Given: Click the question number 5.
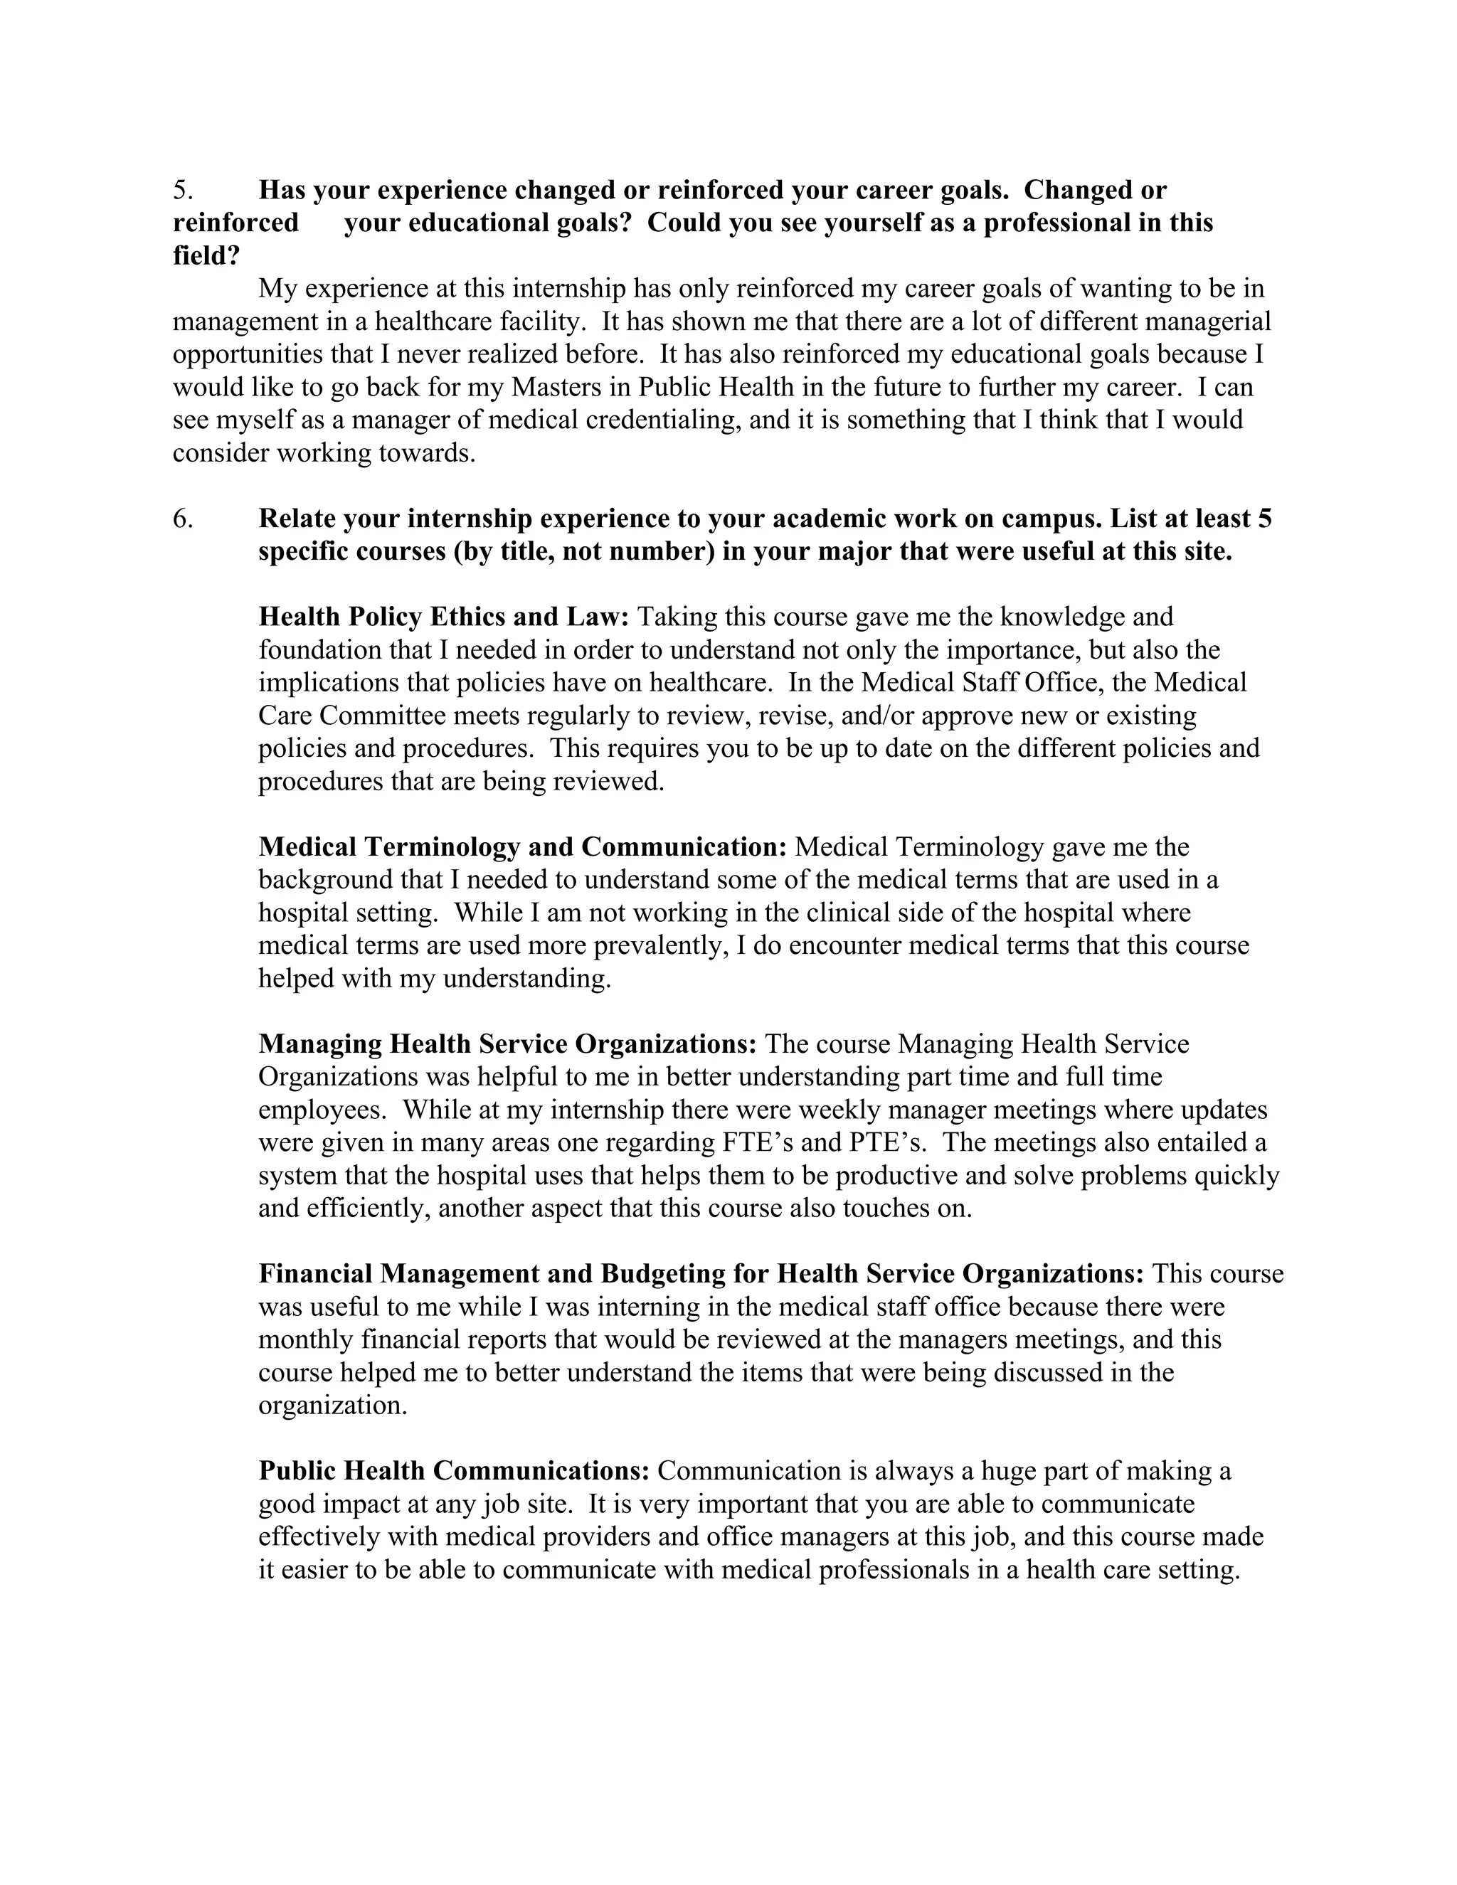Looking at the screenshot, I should click(x=181, y=190).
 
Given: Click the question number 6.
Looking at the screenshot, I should click(x=182, y=519).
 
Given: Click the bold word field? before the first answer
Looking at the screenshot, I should click(x=206, y=256).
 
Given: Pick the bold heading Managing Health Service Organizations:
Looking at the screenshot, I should click(x=507, y=1044).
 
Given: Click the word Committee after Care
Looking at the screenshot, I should click(x=386, y=716).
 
